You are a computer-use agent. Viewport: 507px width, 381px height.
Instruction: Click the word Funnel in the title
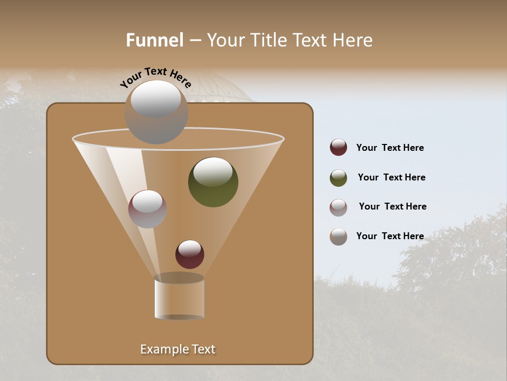pos(154,40)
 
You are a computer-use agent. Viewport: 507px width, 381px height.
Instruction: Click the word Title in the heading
pos(267,40)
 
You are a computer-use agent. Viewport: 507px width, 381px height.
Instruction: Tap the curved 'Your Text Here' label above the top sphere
pos(156,77)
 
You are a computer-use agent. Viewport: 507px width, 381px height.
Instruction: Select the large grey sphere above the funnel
pos(156,112)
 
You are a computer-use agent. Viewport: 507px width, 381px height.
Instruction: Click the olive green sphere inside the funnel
pos(213,182)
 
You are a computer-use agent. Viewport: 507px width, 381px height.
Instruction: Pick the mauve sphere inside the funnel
pos(147,209)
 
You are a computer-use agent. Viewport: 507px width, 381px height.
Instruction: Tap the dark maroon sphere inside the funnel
pos(190,254)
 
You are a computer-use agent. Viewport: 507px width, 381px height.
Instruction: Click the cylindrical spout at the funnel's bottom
pos(179,297)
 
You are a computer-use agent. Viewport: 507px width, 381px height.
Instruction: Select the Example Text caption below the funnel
pos(178,349)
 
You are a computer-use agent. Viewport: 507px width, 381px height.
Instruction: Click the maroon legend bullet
pos(339,147)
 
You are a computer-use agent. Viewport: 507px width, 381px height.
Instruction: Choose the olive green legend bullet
pos(339,178)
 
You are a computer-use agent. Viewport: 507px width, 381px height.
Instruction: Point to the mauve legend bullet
pos(339,207)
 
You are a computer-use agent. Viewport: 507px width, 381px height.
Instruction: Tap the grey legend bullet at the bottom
pos(339,237)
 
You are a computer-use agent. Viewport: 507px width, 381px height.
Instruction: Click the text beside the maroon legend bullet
pos(390,148)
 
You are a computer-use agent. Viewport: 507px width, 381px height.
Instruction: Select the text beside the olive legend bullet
pos(391,177)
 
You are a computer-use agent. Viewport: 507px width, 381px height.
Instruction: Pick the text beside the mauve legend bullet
pos(392,206)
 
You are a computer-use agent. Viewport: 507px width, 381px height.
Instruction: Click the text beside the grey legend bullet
pos(390,236)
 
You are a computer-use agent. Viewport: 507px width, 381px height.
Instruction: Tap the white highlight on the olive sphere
pos(213,172)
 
